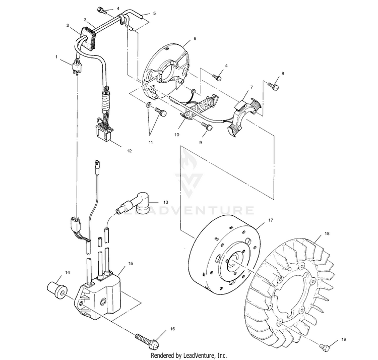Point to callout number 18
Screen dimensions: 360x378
tap(327, 234)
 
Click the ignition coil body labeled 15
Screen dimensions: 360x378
tap(101, 295)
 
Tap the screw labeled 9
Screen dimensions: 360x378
tap(206, 127)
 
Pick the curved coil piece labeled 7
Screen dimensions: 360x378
tap(244, 112)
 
